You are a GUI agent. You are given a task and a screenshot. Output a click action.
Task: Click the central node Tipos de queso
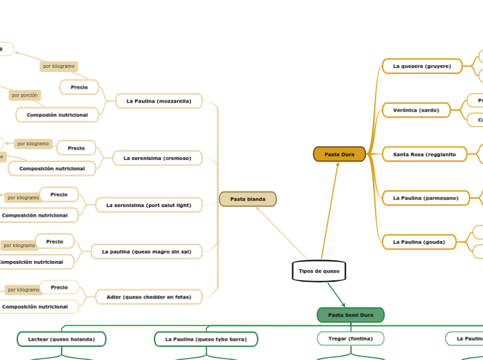pos(319,271)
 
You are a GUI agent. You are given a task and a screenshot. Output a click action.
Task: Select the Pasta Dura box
pos(339,154)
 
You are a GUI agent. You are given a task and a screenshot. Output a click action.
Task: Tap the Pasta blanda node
pos(247,199)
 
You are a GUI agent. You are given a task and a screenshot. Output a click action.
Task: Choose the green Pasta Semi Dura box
pos(350,315)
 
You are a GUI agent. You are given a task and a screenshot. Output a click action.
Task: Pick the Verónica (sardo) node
pos(416,110)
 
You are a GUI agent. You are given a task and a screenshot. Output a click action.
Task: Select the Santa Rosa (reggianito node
pos(424,154)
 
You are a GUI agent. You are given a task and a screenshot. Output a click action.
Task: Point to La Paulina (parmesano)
pos(425,198)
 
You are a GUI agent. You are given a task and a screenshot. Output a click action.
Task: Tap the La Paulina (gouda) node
pos(419,242)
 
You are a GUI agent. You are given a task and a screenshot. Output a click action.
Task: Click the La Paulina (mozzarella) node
pos(159,101)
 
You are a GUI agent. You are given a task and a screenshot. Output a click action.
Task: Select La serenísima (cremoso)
pos(157,159)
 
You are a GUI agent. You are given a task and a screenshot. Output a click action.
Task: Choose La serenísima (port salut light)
pos(148,205)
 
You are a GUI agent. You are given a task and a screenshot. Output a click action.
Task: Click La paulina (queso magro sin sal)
pos(146,251)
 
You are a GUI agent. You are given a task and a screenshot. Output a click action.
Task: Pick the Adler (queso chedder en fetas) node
pos(148,297)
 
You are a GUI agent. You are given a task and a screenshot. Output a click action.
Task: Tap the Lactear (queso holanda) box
pos(62,339)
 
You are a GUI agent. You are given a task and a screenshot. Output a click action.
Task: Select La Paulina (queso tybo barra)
pos(206,339)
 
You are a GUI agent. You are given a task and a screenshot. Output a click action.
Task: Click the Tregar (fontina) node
pos(351,339)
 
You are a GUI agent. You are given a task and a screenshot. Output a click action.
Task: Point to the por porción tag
pos(25,96)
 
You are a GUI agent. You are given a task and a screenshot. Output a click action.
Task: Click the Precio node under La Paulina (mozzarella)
pos(79,87)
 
